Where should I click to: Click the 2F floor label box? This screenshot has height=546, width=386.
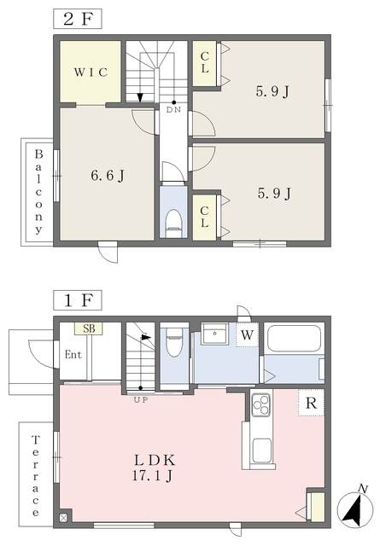[x=78, y=19]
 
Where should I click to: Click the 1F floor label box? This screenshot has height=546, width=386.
[x=78, y=300]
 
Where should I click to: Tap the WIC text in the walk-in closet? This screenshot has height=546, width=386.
[x=91, y=72]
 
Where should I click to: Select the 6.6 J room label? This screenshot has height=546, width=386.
[x=108, y=176]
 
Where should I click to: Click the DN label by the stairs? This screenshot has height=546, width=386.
[x=173, y=110]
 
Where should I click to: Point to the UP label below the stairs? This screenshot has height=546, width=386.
[x=141, y=400]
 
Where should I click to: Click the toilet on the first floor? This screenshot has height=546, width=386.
[x=173, y=343]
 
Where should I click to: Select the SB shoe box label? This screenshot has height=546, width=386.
[x=89, y=328]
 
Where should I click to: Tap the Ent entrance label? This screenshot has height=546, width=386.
[x=73, y=355]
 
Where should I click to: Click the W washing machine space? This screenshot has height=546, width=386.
[x=247, y=334]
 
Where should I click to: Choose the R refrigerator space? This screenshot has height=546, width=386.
[x=311, y=403]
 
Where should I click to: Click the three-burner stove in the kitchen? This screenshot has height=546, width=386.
[x=261, y=404]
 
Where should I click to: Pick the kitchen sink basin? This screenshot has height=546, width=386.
[x=261, y=450]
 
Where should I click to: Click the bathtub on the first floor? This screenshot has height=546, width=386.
[x=294, y=339]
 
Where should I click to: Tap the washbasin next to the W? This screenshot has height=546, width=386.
[x=214, y=334]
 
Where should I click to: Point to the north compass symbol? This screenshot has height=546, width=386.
[x=355, y=508]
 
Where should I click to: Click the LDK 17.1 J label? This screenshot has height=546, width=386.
[x=153, y=468]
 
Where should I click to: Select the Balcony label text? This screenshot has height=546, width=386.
[x=38, y=191]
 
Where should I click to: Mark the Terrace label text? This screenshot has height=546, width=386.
[x=35, y=475]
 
